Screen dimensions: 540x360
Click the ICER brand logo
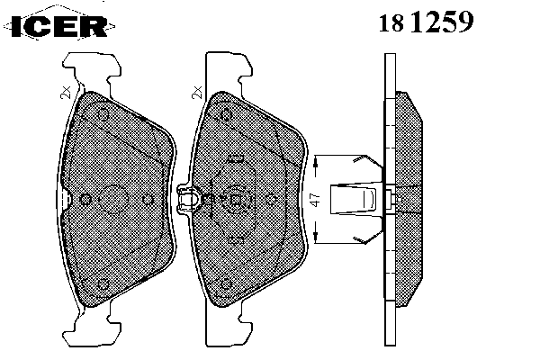[x=59, y=25]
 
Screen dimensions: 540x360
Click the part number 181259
[x=427, y=22]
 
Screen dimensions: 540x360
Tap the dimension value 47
[x=315, y=200]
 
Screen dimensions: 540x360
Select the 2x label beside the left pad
[x=66, y=93]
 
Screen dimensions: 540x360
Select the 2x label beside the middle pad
[x=197, y=93]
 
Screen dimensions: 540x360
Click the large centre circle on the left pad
[x=113, y=200]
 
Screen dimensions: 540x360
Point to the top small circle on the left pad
[x=103, y=114]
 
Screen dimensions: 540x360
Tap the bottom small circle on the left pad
[x=103, y=285]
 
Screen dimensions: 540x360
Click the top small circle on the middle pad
[x=226, y=114]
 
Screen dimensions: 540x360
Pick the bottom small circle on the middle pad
[x=226, y=284]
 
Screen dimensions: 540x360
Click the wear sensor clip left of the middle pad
[x=188, y=200]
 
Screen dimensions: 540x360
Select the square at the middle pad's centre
[x=236, y=200]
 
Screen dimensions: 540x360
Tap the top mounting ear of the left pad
[x=92, y=73]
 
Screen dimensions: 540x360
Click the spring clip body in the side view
[x=354, y=199]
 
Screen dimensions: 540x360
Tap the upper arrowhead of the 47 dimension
[x=316, y=163]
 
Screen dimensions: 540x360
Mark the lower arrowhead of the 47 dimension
[x=316, y=236]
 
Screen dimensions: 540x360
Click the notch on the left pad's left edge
[x=66, y=199]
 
